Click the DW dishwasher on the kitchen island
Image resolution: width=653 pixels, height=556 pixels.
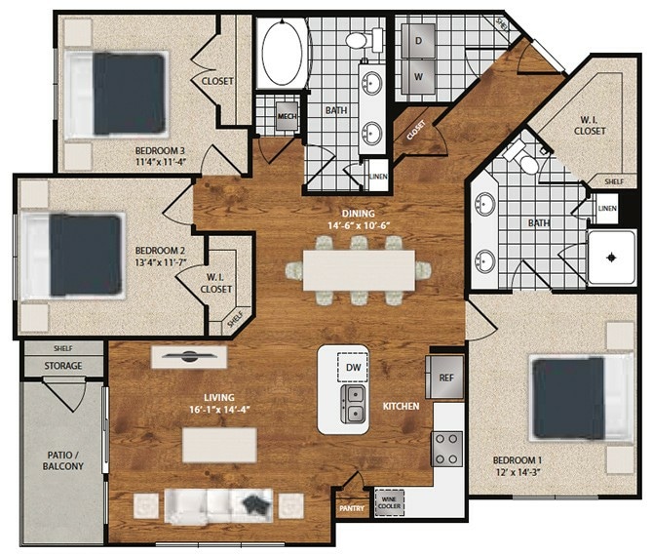click(352, 367)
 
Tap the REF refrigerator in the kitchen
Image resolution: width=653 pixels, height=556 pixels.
click(443, 377)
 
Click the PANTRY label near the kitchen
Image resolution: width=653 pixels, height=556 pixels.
click(352, 508)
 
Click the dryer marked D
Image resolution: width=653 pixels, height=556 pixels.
click(418, 41)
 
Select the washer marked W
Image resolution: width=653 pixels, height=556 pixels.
click(418, 76)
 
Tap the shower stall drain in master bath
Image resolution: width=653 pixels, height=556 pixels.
click(611, 258)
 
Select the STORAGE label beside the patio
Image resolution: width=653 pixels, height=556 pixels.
click(62, 366)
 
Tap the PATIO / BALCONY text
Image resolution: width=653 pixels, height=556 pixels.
click(62, 460)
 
